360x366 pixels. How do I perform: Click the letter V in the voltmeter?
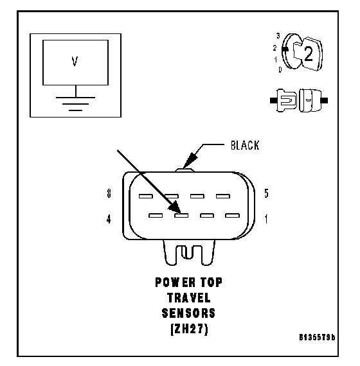pos(75,62)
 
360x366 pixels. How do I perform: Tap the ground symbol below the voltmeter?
pos(75,103)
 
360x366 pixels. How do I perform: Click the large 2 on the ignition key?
pos(309,54)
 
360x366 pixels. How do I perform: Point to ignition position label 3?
pos(278,36)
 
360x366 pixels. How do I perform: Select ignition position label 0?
pos(280,69)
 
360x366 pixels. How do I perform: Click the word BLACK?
pos(245,145)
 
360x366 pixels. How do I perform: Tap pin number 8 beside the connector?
pos(109,193)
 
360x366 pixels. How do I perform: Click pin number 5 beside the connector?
pos(266,193)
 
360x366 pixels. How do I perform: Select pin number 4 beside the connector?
pos(109,219)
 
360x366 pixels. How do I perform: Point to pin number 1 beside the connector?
pos(266,219)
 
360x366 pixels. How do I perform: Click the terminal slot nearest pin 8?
pos(146,196)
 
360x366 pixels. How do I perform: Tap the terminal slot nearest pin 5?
pos(223,196)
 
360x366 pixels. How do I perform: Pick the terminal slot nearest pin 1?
pos(232,215)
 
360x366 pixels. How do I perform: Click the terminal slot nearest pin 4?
pos(156,215)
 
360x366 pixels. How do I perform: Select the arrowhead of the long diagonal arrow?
pos(175,207)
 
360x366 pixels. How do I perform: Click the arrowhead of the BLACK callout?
pos(190,160)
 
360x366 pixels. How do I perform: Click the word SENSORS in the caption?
pos(188,313)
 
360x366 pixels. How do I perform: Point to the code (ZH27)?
pos(190,329)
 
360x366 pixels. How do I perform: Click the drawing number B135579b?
pos(317,337)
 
